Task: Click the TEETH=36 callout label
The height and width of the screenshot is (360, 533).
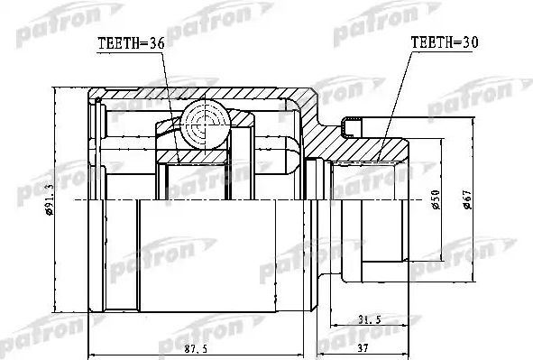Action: (131, 43)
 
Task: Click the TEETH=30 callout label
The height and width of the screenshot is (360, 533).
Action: (445, 42)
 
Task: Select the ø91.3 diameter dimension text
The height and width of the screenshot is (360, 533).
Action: (50, 199)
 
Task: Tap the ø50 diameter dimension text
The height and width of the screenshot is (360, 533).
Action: (436, 200)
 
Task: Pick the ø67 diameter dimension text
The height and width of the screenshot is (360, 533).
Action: (468, 200)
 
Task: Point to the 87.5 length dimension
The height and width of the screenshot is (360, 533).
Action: (196, 349)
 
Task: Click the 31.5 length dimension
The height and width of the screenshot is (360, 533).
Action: (370, 319)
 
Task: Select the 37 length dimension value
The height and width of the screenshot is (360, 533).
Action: (363, 348)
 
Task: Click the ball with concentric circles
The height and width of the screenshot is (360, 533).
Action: (206, 125)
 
